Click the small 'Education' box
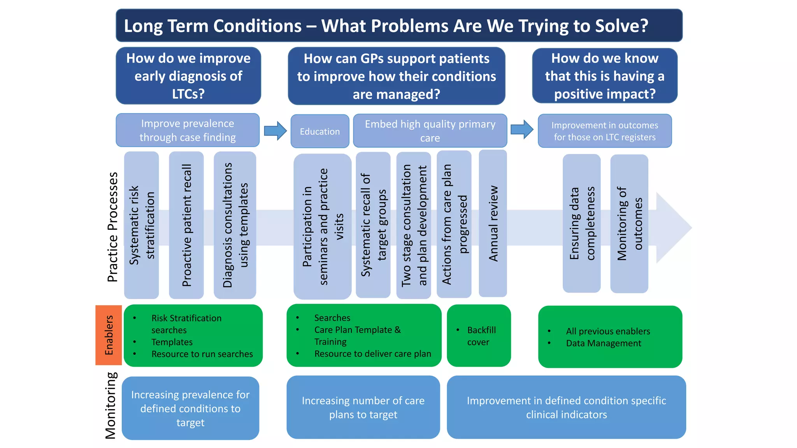pyautogui.click(x=320, y=131)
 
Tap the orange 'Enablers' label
pyautogui.click(x=109, y=335)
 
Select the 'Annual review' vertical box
pyautogui.click(x=493, y=224)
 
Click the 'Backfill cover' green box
pyautogui.click(x=479, y=336)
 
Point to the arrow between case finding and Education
pyautogui.click(x=275, y=131)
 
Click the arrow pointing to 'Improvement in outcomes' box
pyautogui.click(x=522, y=129)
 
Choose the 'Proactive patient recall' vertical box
pyautogui.click(x=186, y=225)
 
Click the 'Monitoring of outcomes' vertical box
pyautogui.click(x=629, y=224)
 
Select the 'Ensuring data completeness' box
pyautogui.click(x=581, y=224)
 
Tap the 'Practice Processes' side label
pyautogui.click(x=112, y=227)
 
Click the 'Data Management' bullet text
pyautogui.click(x=603, y=343)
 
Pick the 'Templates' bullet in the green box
pyautogui.click(x=172, y=342)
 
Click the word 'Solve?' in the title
pyautogui.click(x=623, y=26)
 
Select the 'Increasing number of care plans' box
pyautogui.click(x=363, y=407)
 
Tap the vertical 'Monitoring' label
pyautogui.click(x=110, y=405)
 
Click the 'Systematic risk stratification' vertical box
pyautogui.click(x=141, y=225)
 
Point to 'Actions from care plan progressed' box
pyautogui.click(x=454, y=224)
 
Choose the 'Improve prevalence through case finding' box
pyautogui.click(x=188, y=130)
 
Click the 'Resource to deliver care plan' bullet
pyautogui.click(x=372, y=354)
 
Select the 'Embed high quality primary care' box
pyautogui.click(x=430, y=131)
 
